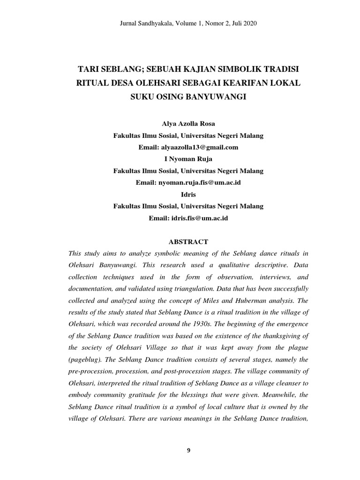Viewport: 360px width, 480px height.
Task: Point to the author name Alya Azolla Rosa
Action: tap(188, 124)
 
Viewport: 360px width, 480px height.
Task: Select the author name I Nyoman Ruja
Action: tap(188, 159)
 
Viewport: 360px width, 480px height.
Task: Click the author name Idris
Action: tap(188, 194)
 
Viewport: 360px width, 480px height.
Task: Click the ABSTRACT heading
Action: tap(188, 242)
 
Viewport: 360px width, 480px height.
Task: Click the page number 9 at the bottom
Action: tap(188, 451)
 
